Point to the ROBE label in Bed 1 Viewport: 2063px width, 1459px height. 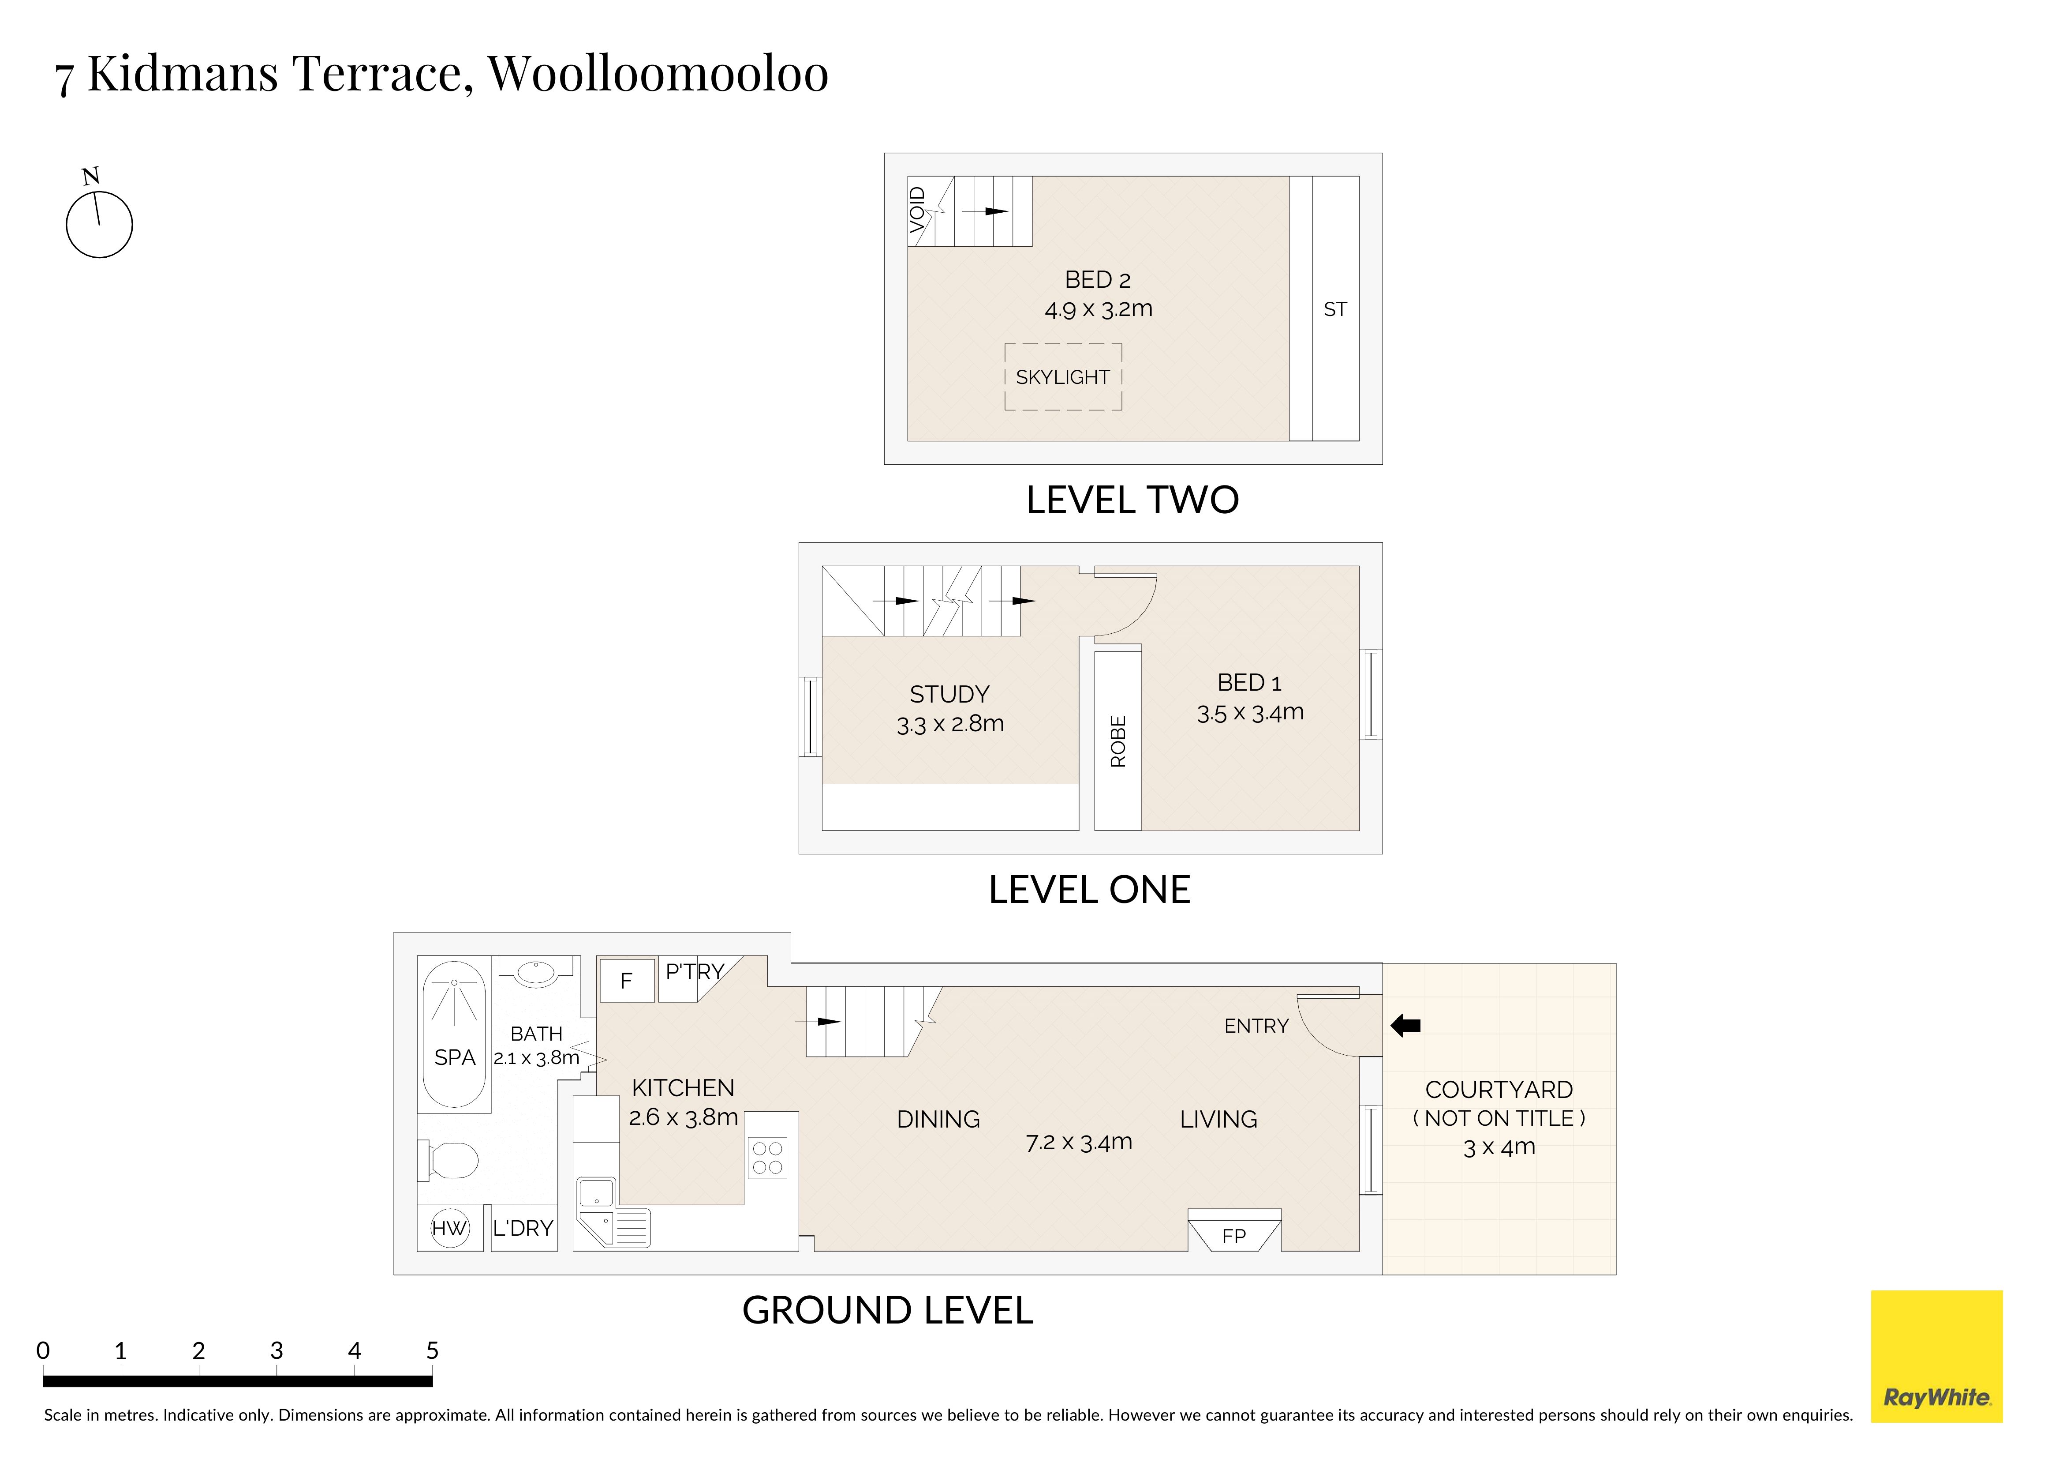(x=1118, y=741)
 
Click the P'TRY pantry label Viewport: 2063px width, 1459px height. (x=695, y=972)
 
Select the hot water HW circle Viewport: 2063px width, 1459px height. (x=449, y=1228)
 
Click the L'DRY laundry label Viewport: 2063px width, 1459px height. (x=523, y=1228)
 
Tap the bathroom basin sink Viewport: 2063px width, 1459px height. (x=536, y=973)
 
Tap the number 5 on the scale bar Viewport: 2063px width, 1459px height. (x=432, y=1350)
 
